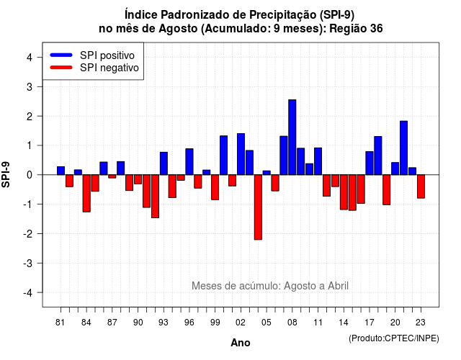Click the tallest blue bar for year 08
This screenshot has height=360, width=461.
point(292,138)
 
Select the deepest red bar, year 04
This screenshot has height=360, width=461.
point(258,207)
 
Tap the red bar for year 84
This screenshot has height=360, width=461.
point(86,194)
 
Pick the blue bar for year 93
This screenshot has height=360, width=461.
point(164,163)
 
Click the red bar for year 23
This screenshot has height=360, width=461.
point(421,186)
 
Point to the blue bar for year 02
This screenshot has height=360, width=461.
point(241,154)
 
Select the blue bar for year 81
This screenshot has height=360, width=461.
point(61,171)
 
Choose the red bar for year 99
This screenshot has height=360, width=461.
point(215,187)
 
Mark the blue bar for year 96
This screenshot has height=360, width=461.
point(189,161)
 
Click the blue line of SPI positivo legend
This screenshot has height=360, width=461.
point(61,55)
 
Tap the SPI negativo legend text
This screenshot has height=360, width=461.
point(109,68)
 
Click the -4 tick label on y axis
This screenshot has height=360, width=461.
point(28,293)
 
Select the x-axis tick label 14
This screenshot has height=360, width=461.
point(344,323)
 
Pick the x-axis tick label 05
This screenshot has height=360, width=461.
point(266,323)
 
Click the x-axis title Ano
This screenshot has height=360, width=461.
point(241,343)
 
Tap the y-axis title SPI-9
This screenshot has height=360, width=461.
point(6,174)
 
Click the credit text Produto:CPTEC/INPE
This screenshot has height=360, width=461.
point(394,338)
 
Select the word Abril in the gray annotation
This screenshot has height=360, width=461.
point(338,286)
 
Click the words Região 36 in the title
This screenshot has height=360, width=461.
point(356,29)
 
